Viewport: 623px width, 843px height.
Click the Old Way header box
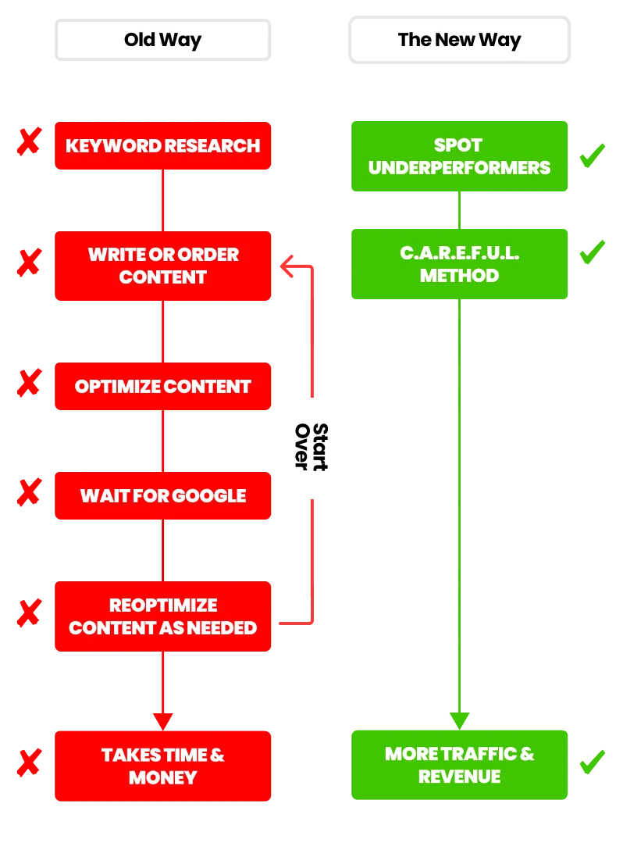pyautogui.click(x=162, y=40)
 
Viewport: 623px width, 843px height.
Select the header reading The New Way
pyautogui.click(x=459, y=40)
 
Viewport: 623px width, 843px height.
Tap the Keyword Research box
pyautogui.click(x=162, y=145)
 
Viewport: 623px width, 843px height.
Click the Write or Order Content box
pyautogui.click(x=162, y=266)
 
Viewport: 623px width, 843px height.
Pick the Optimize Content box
pyautogui.click(x=162, y=386)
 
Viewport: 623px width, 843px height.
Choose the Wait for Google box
pyautogui.click(x=162, y=495)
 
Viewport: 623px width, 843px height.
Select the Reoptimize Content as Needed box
pyautogui.click(x=162, y=616)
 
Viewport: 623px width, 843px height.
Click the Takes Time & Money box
pyautogui.click(x=162, y=766)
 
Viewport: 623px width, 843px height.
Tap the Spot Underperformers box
pyautogui.click(x=459, y=156)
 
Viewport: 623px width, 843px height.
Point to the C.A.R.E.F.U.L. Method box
pyautogui.click(x=459, y=264)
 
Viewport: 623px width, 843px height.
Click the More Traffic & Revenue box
pyautogui.click(x=459, y=765)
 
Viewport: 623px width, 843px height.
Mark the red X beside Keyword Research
pyautogui.click(x=28, y=142)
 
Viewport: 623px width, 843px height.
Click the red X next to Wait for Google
pyautogui.click(x=28, y=492)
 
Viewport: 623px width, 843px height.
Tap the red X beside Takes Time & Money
pyautogui.click(x=28, y=763)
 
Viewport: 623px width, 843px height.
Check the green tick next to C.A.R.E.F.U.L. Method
pyautogui.click(x=591, y=253)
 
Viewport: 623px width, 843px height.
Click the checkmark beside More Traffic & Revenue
pyautogui.click(x=591, y=760)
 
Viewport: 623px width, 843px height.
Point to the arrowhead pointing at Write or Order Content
pyautogui.click(x=287, y=266)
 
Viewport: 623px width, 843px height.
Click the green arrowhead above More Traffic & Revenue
pyautogui.click(x=459, y=720)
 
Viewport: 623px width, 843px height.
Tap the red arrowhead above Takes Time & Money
pyautogui.click(x=162, y=720)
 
